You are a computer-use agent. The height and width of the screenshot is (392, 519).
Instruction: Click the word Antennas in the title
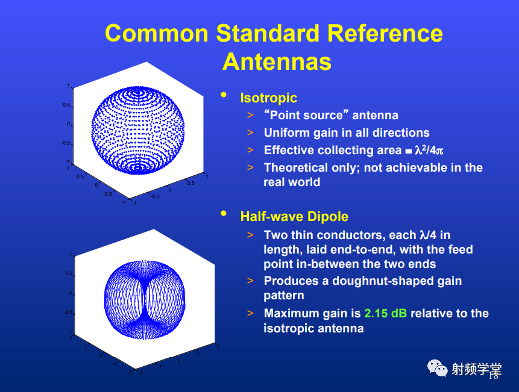point(277,62)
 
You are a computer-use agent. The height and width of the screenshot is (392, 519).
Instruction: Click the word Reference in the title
point(385,33)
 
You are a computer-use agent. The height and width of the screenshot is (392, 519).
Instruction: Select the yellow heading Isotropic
point(268,98)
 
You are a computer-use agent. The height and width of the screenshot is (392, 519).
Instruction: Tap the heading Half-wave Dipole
point(294,217)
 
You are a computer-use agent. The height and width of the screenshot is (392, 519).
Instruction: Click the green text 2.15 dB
point(386,313)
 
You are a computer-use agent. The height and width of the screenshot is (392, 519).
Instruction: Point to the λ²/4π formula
point(429,150)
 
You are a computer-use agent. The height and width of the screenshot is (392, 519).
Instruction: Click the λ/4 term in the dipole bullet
point(428,235)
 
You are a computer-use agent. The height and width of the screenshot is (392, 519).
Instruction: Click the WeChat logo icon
point(437,368)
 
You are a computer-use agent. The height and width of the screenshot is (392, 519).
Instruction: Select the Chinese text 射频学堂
point(477,369)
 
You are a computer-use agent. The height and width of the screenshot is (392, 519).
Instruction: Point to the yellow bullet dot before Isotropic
point(224,95)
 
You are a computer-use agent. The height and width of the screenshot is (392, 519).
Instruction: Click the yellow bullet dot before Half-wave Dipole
point(224,213)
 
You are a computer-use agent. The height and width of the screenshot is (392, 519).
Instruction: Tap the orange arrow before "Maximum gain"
point(250,313)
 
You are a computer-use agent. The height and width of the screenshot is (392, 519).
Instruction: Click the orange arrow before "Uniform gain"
point(250,132)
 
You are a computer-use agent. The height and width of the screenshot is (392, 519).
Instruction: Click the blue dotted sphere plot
point(137,130)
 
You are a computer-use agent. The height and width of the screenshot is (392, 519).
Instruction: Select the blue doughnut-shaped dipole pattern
point(145,300)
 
